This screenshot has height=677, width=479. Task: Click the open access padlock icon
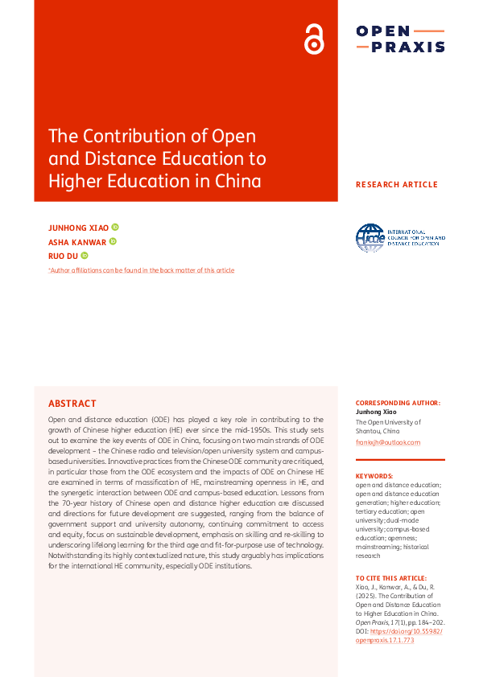[x=313, y=39]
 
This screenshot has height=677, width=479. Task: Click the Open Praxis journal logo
[x=400, y=39]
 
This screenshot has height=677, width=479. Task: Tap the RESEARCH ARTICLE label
[x=397, y=185]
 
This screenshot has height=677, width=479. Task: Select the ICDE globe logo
[x=371, y=237]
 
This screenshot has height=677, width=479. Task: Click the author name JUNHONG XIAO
[x=78, y=228]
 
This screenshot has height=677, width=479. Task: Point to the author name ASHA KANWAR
[x=77, y=242]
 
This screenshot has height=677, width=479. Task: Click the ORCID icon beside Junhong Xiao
[x=115, y=228]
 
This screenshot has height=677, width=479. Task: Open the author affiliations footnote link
[x=142, y=270]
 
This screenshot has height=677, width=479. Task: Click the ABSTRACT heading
[x=72, y=404]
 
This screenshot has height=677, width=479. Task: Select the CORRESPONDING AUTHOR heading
[x=398, y=403]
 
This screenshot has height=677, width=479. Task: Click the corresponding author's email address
[x=388, y=442]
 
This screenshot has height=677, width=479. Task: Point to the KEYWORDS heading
[x=374, y=476]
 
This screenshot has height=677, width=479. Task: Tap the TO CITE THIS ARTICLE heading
[x=391, y=578]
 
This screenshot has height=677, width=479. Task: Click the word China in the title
[x=239, y=181]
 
